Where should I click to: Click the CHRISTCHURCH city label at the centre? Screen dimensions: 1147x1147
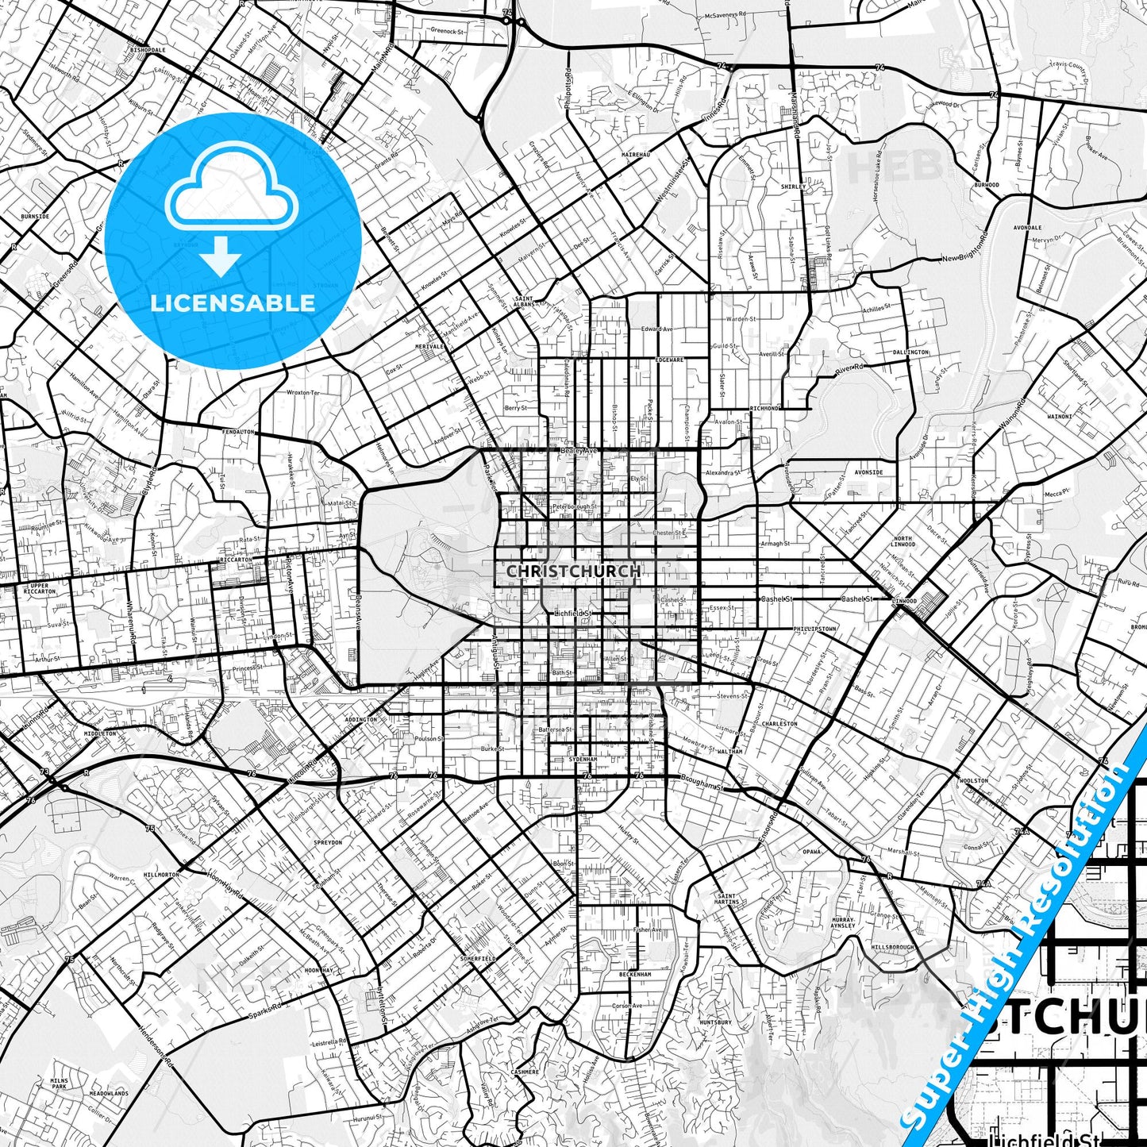pyautogui.click(x=573, y=571)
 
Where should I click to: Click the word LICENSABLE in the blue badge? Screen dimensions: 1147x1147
pyautogui.click(x=233, y=302)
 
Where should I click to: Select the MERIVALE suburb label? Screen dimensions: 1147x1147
pyautogui.click(x=429, y=347)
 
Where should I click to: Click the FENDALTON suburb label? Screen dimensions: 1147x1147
pyautogui.click(x=238, y=432)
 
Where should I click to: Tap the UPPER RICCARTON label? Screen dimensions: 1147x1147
pyautogui.click(x=40, y=588)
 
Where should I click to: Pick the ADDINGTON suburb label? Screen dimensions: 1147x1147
pyautogui.click(x=361, y=720)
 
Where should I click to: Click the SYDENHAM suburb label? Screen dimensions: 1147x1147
pyautogui.click(x=583, y=760)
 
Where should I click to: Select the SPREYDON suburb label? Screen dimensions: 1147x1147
pyautogui.click(x=328, y=842)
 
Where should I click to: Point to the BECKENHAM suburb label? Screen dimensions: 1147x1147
pyautogui.click(x=635, y=974)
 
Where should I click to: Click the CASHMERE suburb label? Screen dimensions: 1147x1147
pyautogui.click(x=525, y=1072)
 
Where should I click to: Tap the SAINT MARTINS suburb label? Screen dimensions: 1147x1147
pyautogui.click(x=726, y=899)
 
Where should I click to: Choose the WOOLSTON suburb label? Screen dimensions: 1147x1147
pyautogui.click(x=973, y=780)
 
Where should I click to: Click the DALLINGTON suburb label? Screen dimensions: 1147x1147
pyautogui.click(x=910, y=352)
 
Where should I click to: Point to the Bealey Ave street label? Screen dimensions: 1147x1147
pyautogui.click(x=579, y=450)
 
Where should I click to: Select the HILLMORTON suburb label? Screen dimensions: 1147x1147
pyautogui.click(x=161, y=874)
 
